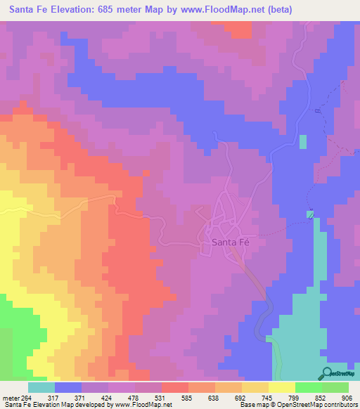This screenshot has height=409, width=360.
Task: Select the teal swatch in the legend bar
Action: tap(41, 387)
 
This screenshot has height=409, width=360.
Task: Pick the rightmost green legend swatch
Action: tap(335, 387)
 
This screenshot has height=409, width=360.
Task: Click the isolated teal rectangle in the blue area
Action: tap(303, 141)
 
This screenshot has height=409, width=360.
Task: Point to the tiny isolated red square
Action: tap(146, 172)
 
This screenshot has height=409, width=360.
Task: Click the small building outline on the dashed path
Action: tap(309, 214)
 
